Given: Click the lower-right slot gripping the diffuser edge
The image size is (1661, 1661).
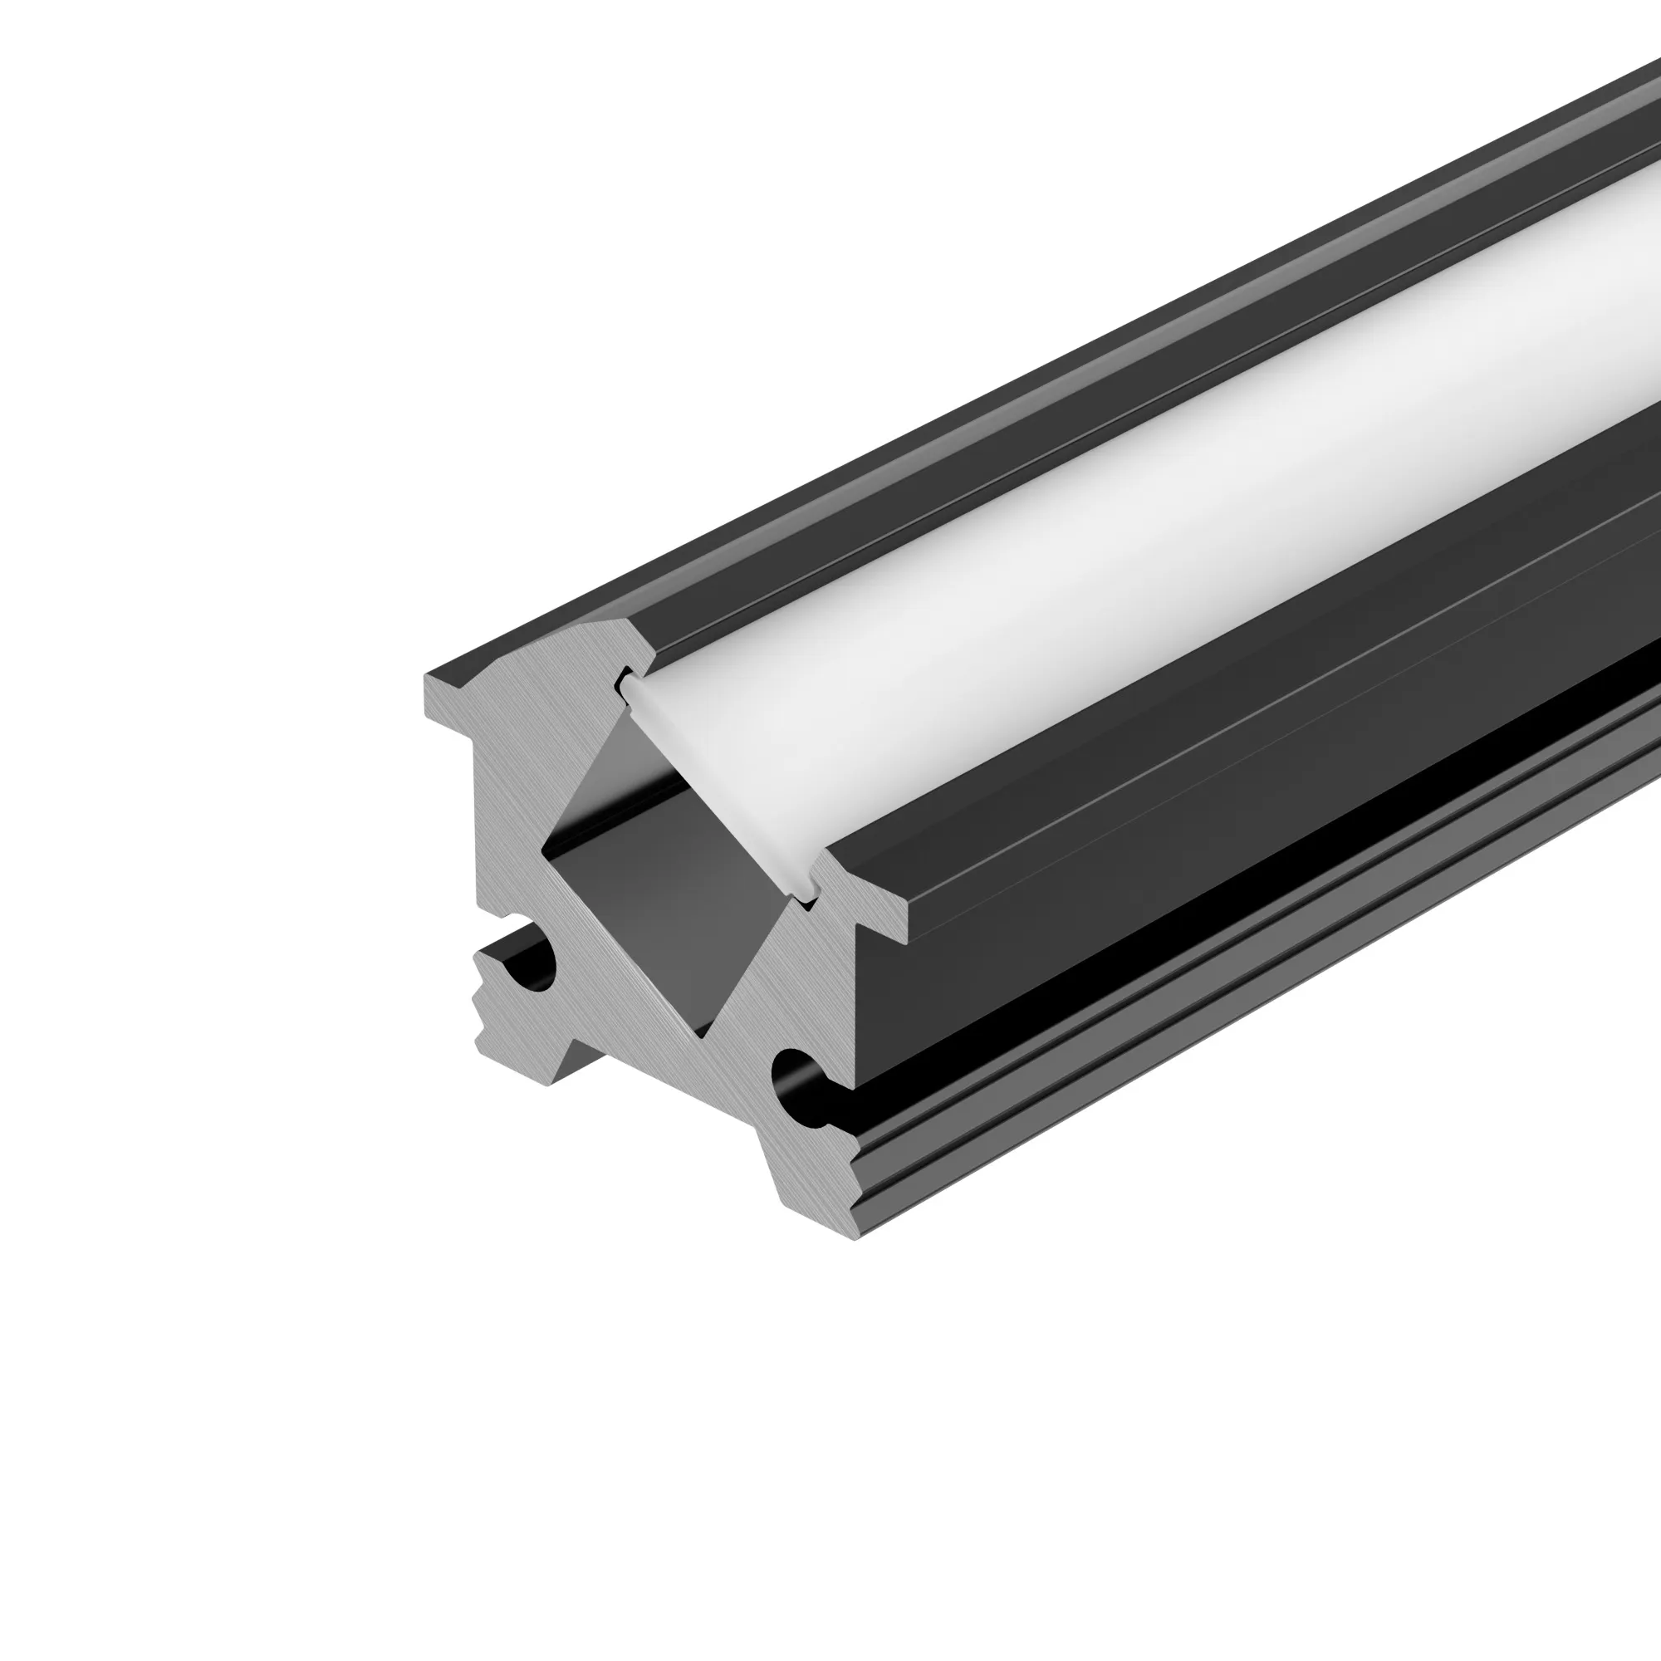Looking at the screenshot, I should [x=806, y=894].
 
